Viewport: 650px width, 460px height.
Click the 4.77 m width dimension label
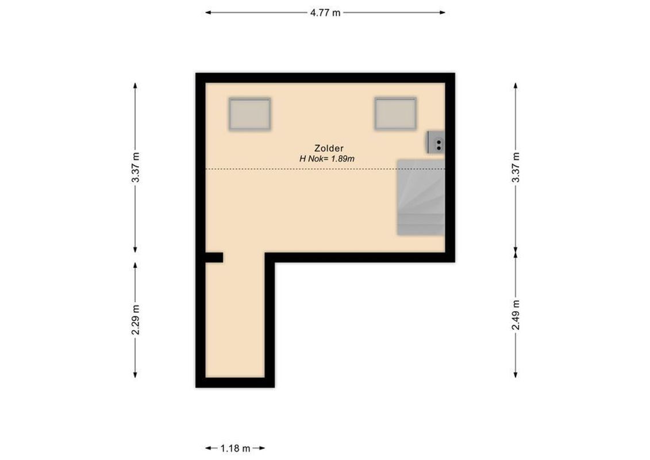click(x=325, y=13)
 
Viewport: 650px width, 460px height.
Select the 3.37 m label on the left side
click(x=135, y=167)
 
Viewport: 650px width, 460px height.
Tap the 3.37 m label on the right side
click(x=516, y=167)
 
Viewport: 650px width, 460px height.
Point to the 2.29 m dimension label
click(x=135, y=320)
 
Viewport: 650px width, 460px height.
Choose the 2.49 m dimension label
click(x=516, y=315)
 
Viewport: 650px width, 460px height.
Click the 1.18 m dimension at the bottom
click(x=236, y=448)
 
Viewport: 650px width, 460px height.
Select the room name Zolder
click(x=329, y=148)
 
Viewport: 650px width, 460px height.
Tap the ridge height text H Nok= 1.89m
click(x=326, y=159)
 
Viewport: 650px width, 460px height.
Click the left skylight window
click(x=249, y=114)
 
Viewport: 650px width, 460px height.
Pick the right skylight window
click(x=395, y=113)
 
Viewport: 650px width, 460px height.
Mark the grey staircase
click(x=421, y=198)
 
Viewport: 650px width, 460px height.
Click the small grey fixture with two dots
click(x=435, y=142)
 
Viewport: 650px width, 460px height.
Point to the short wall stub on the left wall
click(x=214, y=258)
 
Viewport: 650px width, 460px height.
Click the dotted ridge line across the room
click(x=299, y=168)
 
